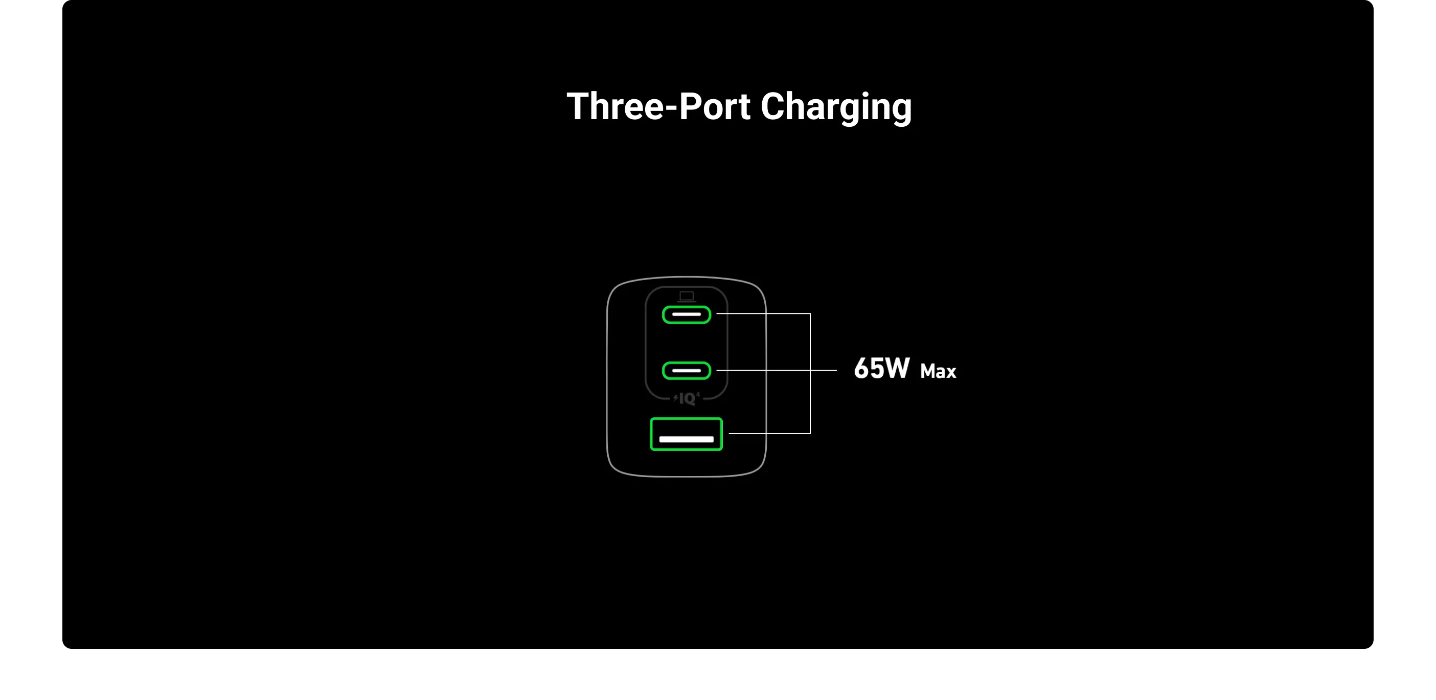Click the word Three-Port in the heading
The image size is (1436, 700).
[658, 106]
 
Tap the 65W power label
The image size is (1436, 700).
[881, 369]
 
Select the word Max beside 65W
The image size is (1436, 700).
[938, 371]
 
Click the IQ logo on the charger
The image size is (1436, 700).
[687, 398]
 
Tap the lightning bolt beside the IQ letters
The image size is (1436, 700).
[676, 398]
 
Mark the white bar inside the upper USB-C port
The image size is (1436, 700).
[686, 314]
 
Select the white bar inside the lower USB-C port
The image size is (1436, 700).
[686, 370]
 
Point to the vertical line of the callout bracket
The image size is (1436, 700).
[810, 374]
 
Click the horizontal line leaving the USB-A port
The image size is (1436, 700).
[769, 434]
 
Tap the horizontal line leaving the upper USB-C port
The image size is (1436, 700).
[763, 314]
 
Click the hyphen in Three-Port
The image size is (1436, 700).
[671, 109]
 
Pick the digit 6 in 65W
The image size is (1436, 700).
[862, 369]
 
